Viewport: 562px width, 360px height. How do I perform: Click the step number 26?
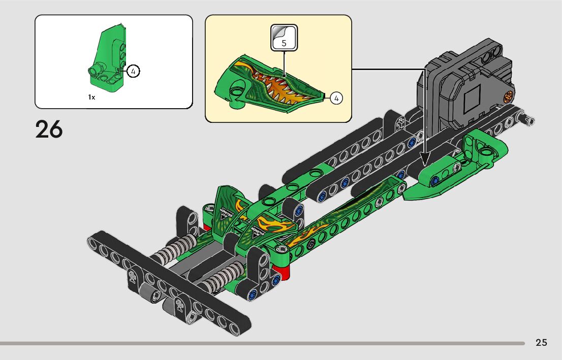click(49, 129)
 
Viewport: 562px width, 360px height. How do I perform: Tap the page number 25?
click(541, 343)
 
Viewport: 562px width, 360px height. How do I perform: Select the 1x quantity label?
click(91, 96)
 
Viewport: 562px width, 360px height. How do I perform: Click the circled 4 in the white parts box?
click(133, 72)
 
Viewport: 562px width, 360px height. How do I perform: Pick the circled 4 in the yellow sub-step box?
click(336, 98)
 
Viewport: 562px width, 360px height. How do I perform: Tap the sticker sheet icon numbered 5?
click(284, 37)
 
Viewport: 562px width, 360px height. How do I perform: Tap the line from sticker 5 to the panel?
click(284, 63)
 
